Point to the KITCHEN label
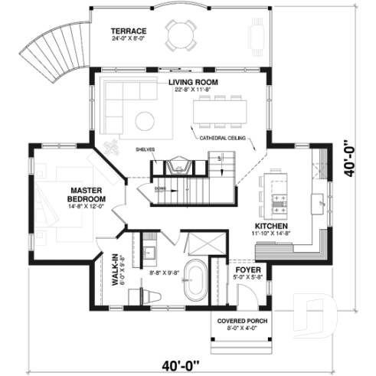click(271, 227)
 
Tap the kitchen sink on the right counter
click(315, 201)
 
